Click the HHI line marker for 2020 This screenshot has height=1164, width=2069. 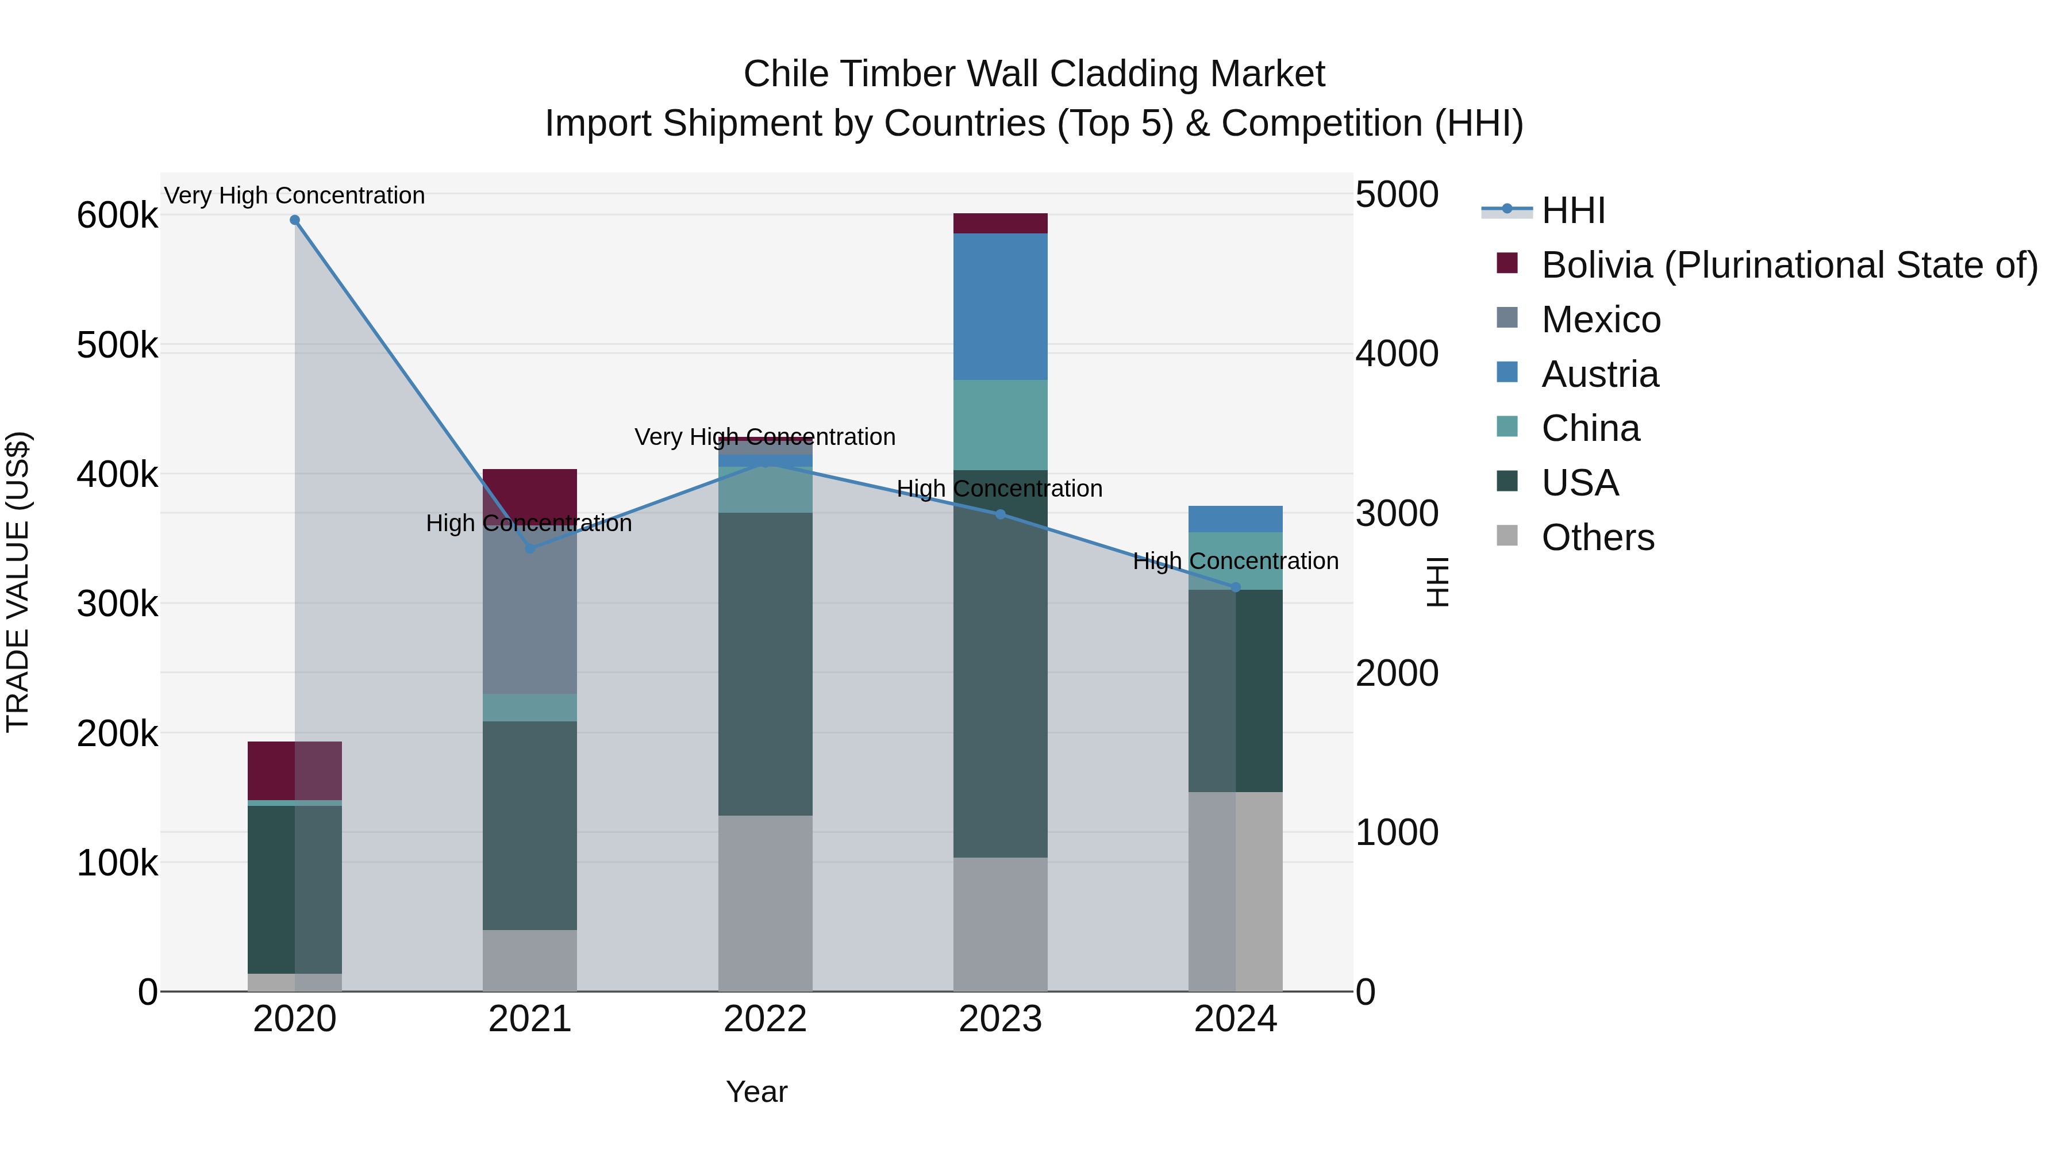(x=295, y=220)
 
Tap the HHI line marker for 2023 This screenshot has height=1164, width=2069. (x=1000, y=514)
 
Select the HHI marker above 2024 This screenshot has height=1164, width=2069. (x=1235, y=587)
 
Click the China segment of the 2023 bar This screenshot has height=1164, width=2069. (x=1000, y=424)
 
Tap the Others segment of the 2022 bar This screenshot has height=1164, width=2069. (x=764, y=903)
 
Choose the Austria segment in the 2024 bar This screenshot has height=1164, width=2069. (x=1235, y=519)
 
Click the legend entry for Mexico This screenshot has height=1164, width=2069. (x=1600, y=320)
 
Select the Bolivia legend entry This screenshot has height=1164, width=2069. (x=1789, y=265)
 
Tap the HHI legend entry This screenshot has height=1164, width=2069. (x=1572, y=210)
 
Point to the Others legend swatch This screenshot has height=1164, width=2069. (x=1507, y=536)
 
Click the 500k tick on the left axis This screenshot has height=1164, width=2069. (x=117, y=346)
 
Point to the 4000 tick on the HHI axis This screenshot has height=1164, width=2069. (x=1397, y=354)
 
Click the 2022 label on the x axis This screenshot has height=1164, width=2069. (x=764, y=1019)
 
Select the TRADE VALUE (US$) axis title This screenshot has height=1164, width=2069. (x=18, y=582)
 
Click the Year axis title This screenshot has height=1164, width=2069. (x=756, y=1092)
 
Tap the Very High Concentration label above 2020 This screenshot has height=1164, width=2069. (x=295, y=196)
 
